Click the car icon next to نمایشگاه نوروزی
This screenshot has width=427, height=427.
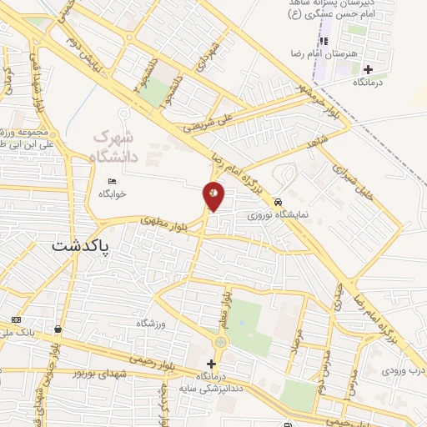278,202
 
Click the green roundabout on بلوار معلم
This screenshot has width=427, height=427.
220,342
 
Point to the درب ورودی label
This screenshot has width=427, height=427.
404,369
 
